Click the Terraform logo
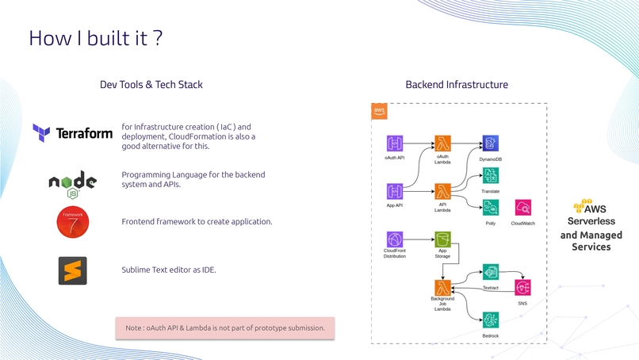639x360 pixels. [72, 133]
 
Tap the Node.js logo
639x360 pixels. [72, 184]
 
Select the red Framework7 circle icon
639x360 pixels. [73, 222]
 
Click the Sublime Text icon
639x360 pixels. [72, 270]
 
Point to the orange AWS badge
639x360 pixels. [379, 111]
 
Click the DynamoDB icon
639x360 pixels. [490, 144]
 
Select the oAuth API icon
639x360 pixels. [395, 144]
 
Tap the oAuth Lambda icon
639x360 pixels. [442, 144]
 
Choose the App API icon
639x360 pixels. [395, 191]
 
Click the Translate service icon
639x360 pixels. [490, 176]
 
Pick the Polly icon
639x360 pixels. [490, 208]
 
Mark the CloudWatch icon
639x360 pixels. [523, 208]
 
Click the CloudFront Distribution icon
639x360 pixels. [395, 239]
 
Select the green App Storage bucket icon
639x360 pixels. [442, 239]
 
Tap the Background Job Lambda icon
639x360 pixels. [442, 287]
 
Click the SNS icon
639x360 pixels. [523, 287]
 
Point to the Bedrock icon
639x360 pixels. [490, 320]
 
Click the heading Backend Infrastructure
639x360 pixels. [457, 85]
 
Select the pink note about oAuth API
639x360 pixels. [225, 328]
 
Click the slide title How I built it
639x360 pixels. [96, 38]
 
